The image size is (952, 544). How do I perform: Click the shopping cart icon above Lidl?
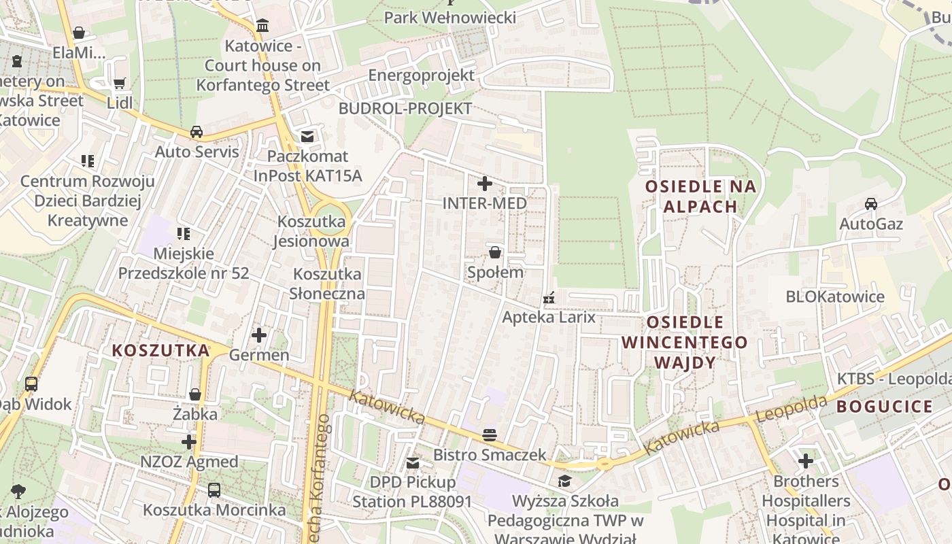point(120,83)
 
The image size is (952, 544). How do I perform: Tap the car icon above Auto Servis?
point(197,131)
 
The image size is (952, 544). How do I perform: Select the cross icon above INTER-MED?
point(485,184)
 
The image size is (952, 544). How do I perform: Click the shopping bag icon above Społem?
point(495,252)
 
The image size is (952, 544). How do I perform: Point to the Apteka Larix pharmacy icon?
point(549,298)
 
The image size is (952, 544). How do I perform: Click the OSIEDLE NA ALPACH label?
point(700,197)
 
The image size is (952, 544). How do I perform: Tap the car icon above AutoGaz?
point(870,203)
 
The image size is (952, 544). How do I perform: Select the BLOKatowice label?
point(835,296)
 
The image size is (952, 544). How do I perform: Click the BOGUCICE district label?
point(885,407)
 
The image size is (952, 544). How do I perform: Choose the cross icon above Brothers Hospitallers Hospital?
point(806,461)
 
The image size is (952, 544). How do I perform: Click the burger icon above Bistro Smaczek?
point(490,435)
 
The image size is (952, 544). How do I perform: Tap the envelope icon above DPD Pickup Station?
point(413,463)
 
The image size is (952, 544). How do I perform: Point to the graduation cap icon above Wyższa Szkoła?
point(565,481)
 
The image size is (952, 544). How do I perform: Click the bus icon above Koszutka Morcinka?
point(214,490)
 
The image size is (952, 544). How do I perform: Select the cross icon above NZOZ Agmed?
point(189,442)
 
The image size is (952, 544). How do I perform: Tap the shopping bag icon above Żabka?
point(195,394)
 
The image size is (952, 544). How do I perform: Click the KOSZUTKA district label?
point(161,350)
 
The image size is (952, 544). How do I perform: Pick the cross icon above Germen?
point(259,335)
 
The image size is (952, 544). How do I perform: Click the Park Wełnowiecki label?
point(450,18)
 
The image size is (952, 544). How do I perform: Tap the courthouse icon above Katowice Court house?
point(262,26)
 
